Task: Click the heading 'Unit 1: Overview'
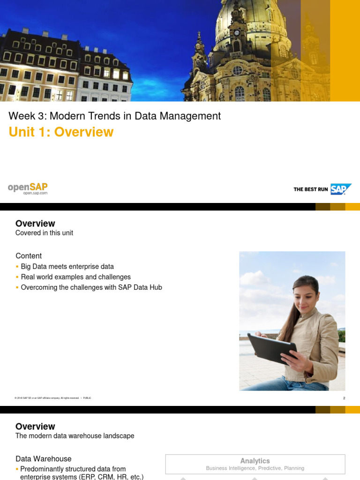pos(61,132)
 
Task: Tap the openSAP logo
pos(28,188)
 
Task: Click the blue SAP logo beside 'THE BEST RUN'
pos(340,189)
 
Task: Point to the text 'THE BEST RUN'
pos(310,189)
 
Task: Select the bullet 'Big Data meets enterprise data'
pos(67,266)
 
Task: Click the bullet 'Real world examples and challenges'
pos(75,277)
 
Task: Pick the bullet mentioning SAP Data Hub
pos(91,287)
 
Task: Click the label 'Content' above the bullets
pos(29,255)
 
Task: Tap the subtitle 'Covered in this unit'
pos(44,232)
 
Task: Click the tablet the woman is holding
pos(272,348)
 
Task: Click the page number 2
pos(344,398)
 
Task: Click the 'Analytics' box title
pos(255,461)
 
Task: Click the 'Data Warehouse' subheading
pos(43,458)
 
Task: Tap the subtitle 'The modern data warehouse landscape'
pos(75,435)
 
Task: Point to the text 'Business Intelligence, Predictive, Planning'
pos(255,468)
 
